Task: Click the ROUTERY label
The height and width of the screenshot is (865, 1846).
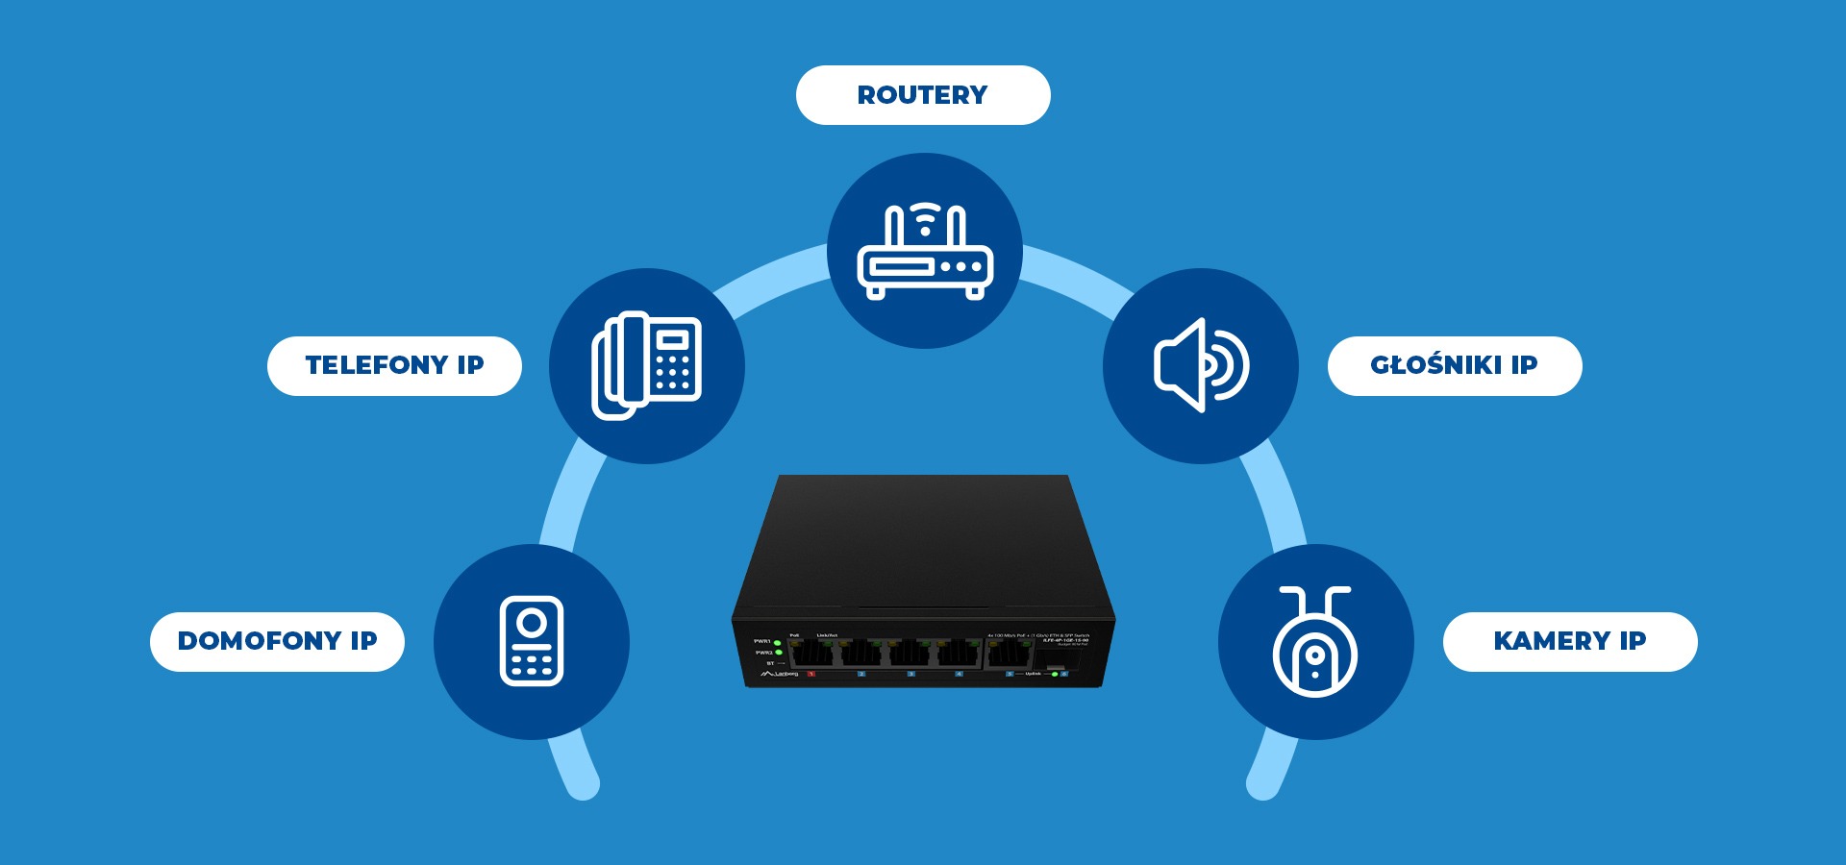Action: [x=923, y=95]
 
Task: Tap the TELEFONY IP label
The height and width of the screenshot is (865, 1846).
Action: [x=394, y=365]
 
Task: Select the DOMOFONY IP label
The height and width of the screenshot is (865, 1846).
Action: [x=277, y=641]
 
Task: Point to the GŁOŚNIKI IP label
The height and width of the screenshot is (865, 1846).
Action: [x=1454, y=365]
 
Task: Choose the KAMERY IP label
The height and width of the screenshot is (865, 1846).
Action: [x=1569, y=641]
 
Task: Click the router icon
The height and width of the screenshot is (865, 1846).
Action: [x=924, y=251]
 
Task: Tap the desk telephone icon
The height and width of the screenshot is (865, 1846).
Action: [x=646, y=366]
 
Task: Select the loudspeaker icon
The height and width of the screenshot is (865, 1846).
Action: [x=1201, y=365]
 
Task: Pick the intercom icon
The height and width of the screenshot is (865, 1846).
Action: [x=532, y=641]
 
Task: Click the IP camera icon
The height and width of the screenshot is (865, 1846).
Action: [x=1315, y=641]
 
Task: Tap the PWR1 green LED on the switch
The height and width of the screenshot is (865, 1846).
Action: [x=777, y=642]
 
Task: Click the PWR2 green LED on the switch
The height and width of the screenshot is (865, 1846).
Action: [x=777, y=654]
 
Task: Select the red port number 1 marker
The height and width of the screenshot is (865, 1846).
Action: [x=811, y=674]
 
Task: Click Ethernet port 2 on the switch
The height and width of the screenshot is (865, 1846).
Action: [x=861, y=655]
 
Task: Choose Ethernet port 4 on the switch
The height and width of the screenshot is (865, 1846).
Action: [x=959, y=655]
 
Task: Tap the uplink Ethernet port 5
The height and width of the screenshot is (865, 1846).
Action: [x=1009, y=655]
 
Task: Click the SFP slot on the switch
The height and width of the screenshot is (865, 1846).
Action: [x=1055, y=658]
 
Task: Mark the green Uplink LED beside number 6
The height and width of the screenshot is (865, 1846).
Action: [x=1055, y=674]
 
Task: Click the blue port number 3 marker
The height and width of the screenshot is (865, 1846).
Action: [x=911, y=674]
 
